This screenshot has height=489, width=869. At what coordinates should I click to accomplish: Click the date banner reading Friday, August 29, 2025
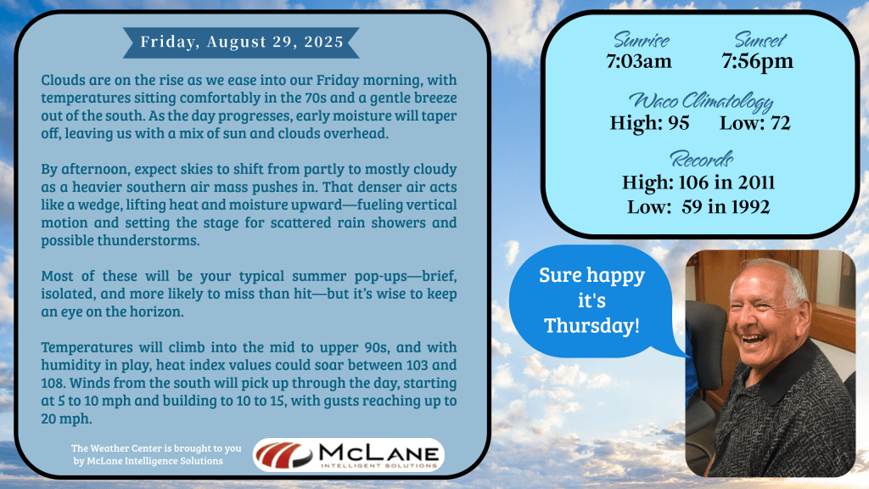tap(241, 42)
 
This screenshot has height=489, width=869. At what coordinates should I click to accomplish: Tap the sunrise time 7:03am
tap(639, 61)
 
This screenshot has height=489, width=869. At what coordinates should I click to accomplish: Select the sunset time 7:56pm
tap(757, 61)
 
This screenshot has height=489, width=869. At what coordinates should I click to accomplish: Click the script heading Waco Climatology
tap(700, 102)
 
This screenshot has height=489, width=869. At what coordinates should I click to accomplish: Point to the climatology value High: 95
tap(649, 123)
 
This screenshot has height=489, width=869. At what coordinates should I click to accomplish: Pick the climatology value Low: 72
tap(754, 123)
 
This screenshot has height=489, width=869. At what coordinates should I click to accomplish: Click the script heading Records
tap(701, 160)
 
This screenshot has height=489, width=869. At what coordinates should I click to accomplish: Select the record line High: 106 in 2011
tap(698, 183)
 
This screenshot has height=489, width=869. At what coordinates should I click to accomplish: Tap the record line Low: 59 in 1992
tap(698, 207)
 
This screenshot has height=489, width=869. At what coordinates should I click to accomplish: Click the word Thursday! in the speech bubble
tap(591, 325)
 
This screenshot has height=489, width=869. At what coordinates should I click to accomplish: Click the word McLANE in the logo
tap(378, 452)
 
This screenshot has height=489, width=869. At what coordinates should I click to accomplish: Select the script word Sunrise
tap(642, 40)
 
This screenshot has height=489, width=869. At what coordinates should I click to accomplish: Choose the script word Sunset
tap(760, 40)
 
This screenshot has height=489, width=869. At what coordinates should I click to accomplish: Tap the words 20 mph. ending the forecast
tap(66, 419)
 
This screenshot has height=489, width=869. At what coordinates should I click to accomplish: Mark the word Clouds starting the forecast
tap(63, 80)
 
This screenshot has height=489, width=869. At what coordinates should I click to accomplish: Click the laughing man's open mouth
tap(754, 339)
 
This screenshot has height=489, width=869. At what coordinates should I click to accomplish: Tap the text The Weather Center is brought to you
tap(156, 448)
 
